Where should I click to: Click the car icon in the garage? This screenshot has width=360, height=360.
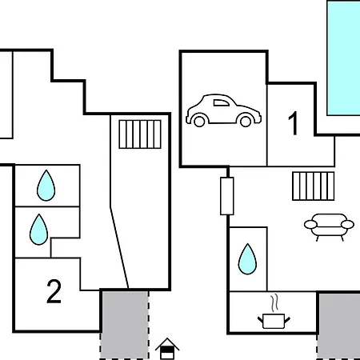[223, 110]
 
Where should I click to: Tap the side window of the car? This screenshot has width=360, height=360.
[221, 103]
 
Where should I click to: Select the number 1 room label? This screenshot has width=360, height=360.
[294, 123]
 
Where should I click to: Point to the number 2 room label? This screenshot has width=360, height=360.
[54, 291]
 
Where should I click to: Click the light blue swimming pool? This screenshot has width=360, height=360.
[344, 58]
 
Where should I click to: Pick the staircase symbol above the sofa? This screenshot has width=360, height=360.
[314, 186]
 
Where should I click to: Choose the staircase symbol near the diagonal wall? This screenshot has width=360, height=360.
[140, 134]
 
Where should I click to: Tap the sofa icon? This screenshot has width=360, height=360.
[329, 227]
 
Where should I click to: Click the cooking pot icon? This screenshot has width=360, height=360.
[274, 321]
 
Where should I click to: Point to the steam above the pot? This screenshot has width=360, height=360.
[274, 303]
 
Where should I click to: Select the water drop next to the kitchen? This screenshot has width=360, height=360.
[247, 259]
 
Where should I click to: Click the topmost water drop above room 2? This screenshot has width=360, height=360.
[46, 186]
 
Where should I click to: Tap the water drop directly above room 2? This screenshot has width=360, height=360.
[39, 230]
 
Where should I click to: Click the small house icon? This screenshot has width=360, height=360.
[167, 349]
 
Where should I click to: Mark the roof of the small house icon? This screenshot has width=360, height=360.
[167, 342]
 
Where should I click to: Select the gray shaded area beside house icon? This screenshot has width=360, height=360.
[124, 325]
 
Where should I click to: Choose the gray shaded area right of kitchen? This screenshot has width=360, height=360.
[338, 326]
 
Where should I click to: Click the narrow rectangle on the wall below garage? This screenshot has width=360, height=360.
[227, 196]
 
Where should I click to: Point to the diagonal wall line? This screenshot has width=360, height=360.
[119, 247]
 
